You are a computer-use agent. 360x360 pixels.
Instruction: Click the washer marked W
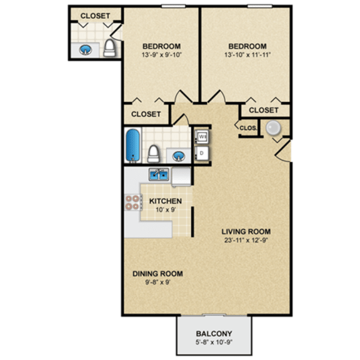(x=202, y=136)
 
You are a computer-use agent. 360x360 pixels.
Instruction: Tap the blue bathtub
(x=132, y=146)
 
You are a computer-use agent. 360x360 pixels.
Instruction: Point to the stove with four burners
(x=132, y=201)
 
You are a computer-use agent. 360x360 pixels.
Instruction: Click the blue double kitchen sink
(x=158, y=174)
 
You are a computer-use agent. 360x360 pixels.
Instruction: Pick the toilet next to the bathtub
(x=154, y=152)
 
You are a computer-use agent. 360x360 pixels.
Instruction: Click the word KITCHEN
(x=166, y=201)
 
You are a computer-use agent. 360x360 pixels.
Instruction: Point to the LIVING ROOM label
(x=245, y=232)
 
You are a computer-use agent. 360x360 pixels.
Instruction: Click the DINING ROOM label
(x=157, y=274)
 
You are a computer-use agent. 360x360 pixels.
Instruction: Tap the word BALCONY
(x=214, y=334)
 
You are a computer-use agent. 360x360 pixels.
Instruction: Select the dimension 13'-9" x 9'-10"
(x=161, y=55)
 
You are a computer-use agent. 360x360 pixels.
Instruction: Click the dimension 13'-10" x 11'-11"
(x=247, y=55)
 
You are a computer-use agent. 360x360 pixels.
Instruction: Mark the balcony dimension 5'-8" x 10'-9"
(x=214, y=343)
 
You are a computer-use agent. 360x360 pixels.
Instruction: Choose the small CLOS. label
(x=247, y=128)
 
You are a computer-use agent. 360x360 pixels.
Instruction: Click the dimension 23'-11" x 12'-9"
(x=245, y=240)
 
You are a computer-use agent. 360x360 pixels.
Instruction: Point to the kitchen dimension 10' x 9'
(x=166, y=209)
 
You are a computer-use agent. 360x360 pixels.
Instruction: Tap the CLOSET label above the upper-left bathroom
(x=96, y=15)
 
